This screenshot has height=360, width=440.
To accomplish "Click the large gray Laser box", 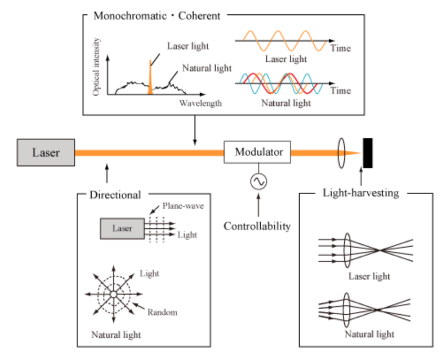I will tap(46, 152).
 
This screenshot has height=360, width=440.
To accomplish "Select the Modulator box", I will tap(258, 152).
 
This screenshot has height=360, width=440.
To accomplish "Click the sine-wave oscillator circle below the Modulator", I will tap(257, 181).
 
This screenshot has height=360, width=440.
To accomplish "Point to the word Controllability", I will tap(257, 226).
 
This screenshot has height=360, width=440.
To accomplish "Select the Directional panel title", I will tap(115, 195).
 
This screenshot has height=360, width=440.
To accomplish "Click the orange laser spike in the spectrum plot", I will tap(150, 77).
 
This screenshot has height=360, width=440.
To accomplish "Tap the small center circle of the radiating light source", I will tap(113, 294).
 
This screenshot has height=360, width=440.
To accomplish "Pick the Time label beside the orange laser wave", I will tap(340, 48).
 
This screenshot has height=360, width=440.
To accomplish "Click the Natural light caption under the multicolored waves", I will tap(286, 103).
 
